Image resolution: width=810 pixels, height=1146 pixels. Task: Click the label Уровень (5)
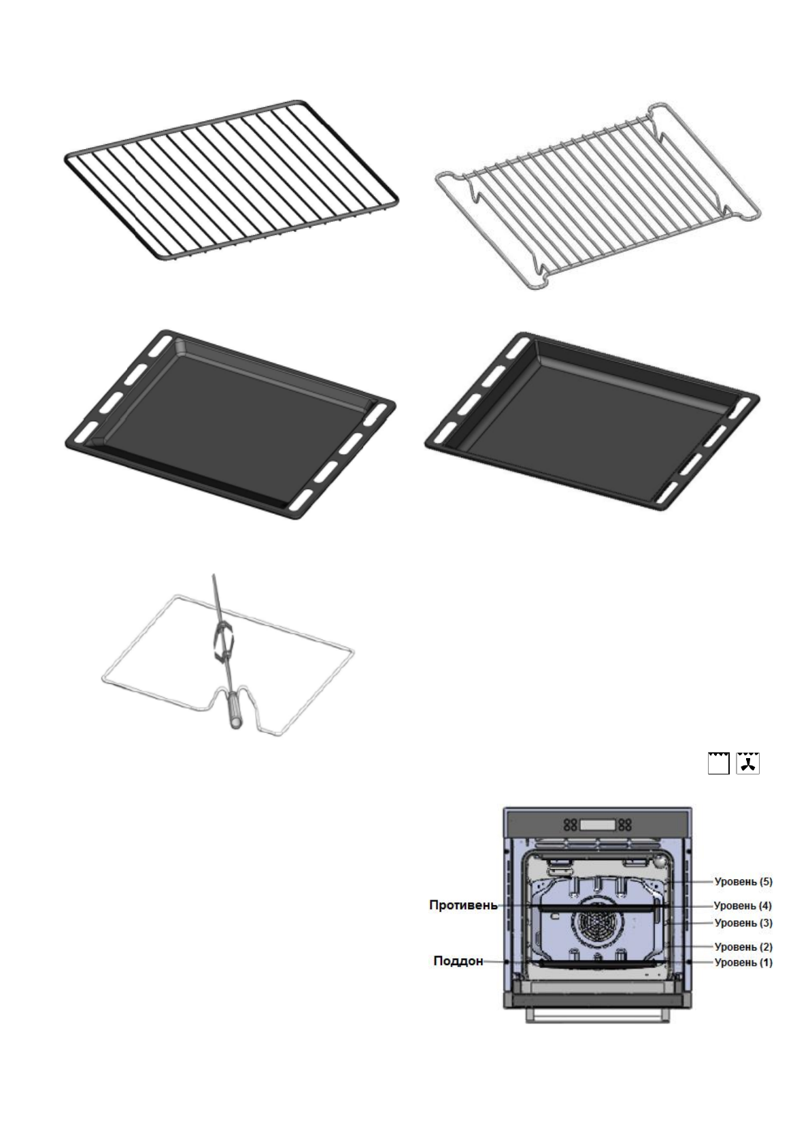pos(743,882)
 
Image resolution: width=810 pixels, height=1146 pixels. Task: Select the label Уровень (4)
pos(743,906)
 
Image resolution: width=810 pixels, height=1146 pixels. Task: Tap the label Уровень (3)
pos(743,923)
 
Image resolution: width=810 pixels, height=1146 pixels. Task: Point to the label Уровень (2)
pos(743,947)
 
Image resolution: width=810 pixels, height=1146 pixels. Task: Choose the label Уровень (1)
pos(743,962)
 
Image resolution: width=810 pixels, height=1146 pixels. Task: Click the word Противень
pos(462,906)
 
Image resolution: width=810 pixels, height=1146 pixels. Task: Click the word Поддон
pos(458,962)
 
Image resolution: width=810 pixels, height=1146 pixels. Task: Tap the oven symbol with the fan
pos(748,763)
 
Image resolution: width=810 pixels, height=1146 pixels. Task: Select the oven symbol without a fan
pos(718,763)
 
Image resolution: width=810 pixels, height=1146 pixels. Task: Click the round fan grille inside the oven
pos(596,927)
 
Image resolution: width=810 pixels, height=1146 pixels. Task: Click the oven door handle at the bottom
pos(597,1015)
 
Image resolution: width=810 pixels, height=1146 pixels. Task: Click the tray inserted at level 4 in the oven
pos(597,907)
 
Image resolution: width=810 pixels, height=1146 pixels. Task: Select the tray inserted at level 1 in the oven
pos(597,963)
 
